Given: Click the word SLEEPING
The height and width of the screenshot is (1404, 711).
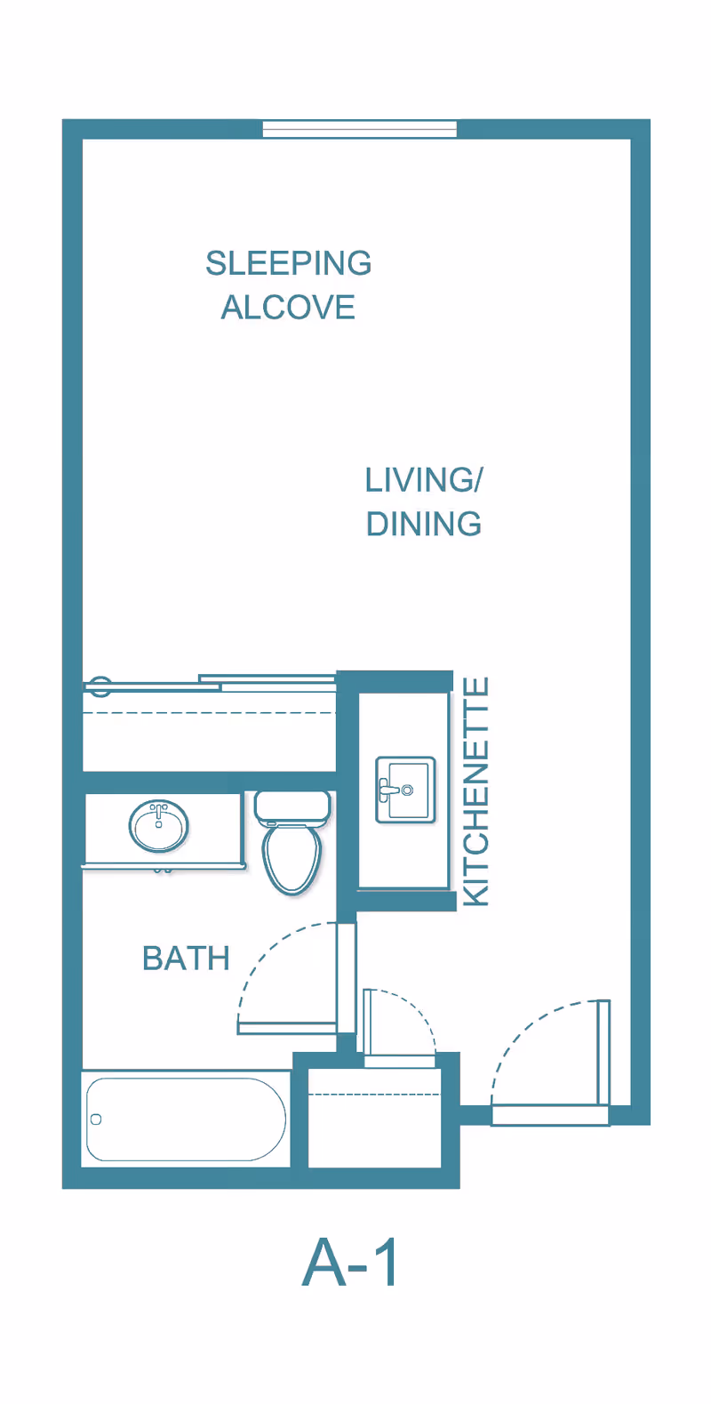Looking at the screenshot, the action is pyautogui.click(x=289, y=263).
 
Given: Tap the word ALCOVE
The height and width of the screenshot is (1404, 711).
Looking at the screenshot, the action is pyautogui.click(x=288, y=308).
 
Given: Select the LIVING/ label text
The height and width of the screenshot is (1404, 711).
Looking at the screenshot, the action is pyautogui.click(x=424, y=480).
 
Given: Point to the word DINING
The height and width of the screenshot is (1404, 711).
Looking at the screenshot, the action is pyautogui.click(x=424, y=524).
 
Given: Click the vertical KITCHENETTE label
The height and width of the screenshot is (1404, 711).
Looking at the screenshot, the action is pyautogui.click(x=476, y=791).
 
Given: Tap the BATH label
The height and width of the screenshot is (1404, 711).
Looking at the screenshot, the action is pyautogui.click(x=186, y=959).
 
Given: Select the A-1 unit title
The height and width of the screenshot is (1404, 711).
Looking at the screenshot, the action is pyautogui.click(x=349, y=1262).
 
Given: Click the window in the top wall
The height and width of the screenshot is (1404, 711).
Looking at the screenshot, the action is pyautogui.click(x=360, y=129).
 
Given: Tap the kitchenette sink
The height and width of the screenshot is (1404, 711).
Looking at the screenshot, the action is pyautogui.click(x=405, y=790).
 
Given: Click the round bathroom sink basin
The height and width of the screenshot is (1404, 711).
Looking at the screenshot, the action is pyautogui.click(x=158, y=827).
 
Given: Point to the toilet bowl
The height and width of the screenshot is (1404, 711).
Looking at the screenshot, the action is pyautogui.click(x=292, y=860).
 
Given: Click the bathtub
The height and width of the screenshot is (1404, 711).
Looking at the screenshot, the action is pyautogui.click(x=186, y=1119).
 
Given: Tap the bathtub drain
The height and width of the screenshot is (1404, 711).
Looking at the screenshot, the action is pyautogui.click(x=96, y=1119).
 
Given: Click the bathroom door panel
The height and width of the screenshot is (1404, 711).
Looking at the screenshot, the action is pyautogui.click(x=287, y=1028).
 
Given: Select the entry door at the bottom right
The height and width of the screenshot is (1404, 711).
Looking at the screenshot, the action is pyautogui.click(x=603, y=1053).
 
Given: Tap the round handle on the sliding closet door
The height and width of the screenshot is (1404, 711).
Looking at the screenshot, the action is pyautogui.click(x=99, y=686).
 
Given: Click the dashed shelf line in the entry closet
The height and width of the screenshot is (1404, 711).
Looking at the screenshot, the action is pyautogui.click(x=374, y=1095).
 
